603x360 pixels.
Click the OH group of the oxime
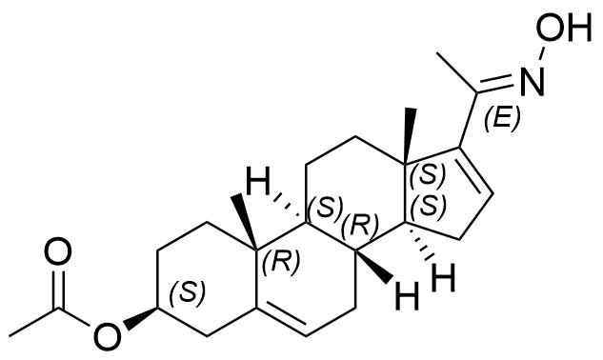[x=564, y=29]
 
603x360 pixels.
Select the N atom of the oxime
[x=533, y=81]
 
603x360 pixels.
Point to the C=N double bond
[x=495, y=86]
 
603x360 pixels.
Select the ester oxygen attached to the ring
[x=108, y=335]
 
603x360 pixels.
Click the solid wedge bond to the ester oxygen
[x=140, y=317]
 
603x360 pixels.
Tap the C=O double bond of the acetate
[x=58, y=288]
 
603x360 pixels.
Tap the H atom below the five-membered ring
[x=444, y=277]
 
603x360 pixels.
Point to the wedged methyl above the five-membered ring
[x=410, y=136]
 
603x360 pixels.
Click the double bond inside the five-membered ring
[x=477, y=170]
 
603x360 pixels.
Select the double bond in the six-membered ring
[x=281, y=318]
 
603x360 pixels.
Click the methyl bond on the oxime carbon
[x=457, y=72]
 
